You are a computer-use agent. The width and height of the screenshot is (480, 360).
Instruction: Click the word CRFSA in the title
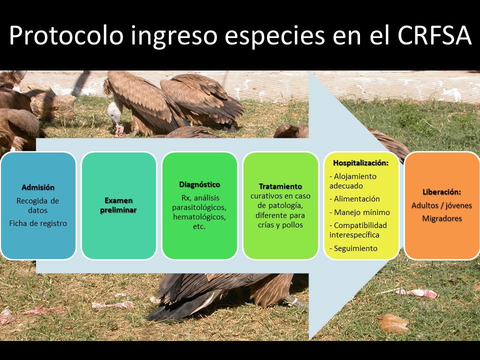[434, 35]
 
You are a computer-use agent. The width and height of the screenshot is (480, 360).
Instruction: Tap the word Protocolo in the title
[66, 35]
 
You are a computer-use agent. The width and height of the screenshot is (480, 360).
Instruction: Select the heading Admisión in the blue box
[38, 187]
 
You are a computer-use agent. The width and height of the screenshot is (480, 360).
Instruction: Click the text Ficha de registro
[38, 223]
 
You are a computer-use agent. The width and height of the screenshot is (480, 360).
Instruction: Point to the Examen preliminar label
[118, 205]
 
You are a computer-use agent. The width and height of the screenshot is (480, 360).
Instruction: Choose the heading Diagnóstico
[199, 184]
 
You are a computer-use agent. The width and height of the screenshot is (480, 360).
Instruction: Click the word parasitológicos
[199, 207]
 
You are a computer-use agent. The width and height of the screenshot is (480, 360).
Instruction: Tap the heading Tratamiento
[280, 186]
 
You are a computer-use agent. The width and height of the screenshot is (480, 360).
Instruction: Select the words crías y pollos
[280, 225]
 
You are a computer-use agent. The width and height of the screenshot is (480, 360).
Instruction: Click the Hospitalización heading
[361, 163]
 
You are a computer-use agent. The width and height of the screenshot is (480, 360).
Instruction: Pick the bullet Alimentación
[354, 199]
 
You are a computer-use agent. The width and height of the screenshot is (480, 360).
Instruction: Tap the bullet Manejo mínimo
[359, 212]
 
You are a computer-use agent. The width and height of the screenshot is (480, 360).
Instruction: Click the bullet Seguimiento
[353, 248]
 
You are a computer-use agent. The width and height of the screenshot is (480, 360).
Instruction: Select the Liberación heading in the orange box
[441, 192]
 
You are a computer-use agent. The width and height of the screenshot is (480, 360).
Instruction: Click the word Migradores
[442, 218]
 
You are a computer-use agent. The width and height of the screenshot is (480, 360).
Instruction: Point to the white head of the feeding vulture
[114, 112]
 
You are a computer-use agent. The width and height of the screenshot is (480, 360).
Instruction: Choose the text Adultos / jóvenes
[441, 205]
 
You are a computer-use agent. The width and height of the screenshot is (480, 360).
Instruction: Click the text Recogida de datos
[37, 205]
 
